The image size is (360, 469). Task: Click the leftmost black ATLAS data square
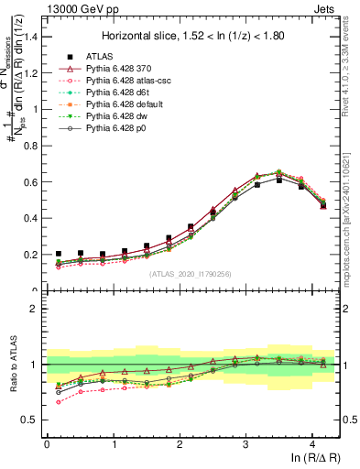click(x=59, y=254)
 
